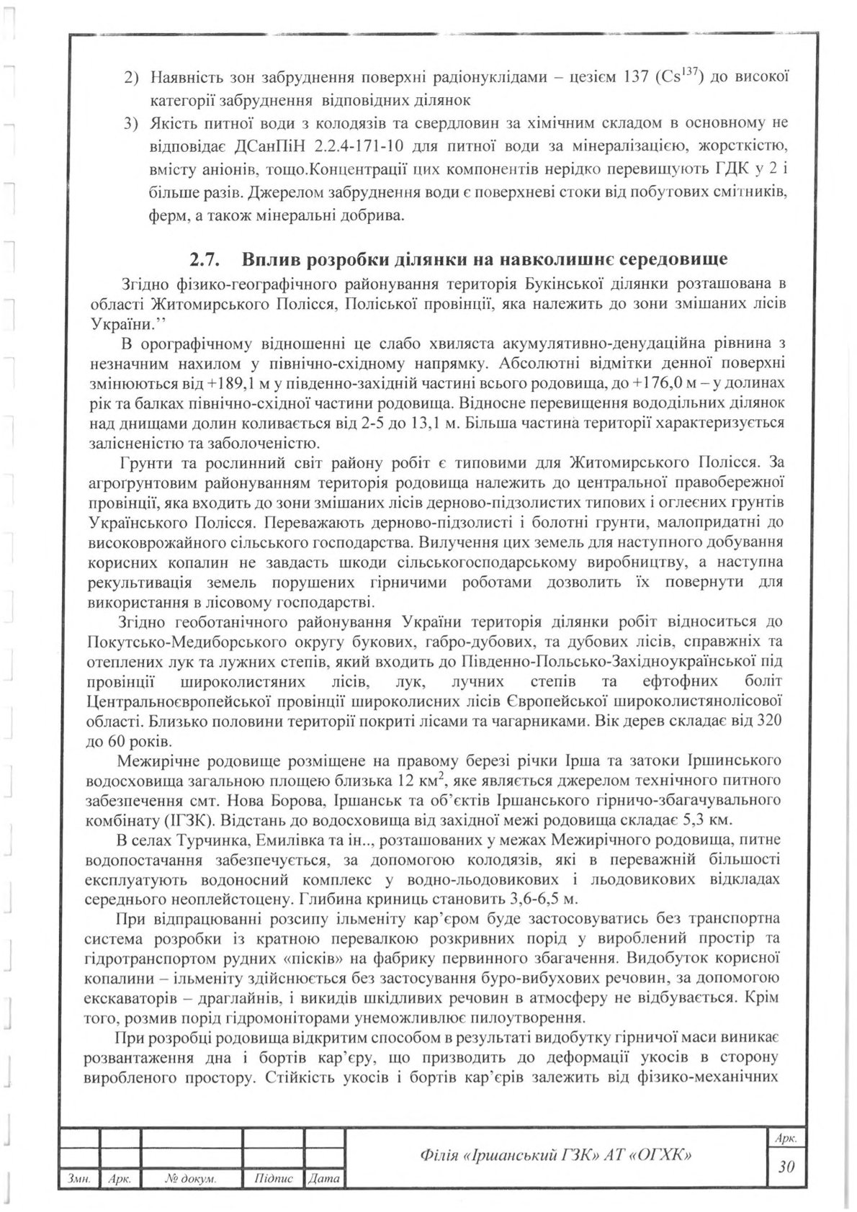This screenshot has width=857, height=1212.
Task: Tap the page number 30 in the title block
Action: [786, 1167]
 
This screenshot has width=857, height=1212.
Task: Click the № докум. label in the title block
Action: [191, 1179]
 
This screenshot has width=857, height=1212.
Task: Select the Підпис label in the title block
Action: [274, 1179]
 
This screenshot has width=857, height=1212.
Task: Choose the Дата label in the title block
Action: [323, 1179]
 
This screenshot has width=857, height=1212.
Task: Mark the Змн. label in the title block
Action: [78, 1179]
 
